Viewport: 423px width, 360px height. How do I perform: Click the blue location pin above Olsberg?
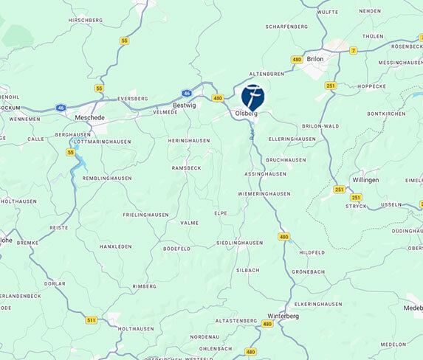click(x=252, y=97)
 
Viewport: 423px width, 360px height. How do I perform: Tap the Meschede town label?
click(x=92, y=116)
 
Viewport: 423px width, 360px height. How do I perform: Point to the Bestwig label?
click(x=184, y=105)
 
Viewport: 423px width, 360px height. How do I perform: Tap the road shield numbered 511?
click(x=91, y=319)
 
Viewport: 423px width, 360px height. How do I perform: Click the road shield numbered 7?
click(x=353, y=50)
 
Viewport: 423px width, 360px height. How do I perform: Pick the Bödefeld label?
click(x=177, y=249)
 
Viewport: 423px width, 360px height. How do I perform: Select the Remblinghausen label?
click(x=107, y=178)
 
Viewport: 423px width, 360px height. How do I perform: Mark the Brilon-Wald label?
click(x=320, y=126)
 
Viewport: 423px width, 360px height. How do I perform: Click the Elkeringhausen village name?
click(x=318, y=304)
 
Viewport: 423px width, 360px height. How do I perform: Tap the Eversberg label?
click(x=133, y=98)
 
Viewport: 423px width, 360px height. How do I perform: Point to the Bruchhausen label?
click(x=286, y=159)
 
